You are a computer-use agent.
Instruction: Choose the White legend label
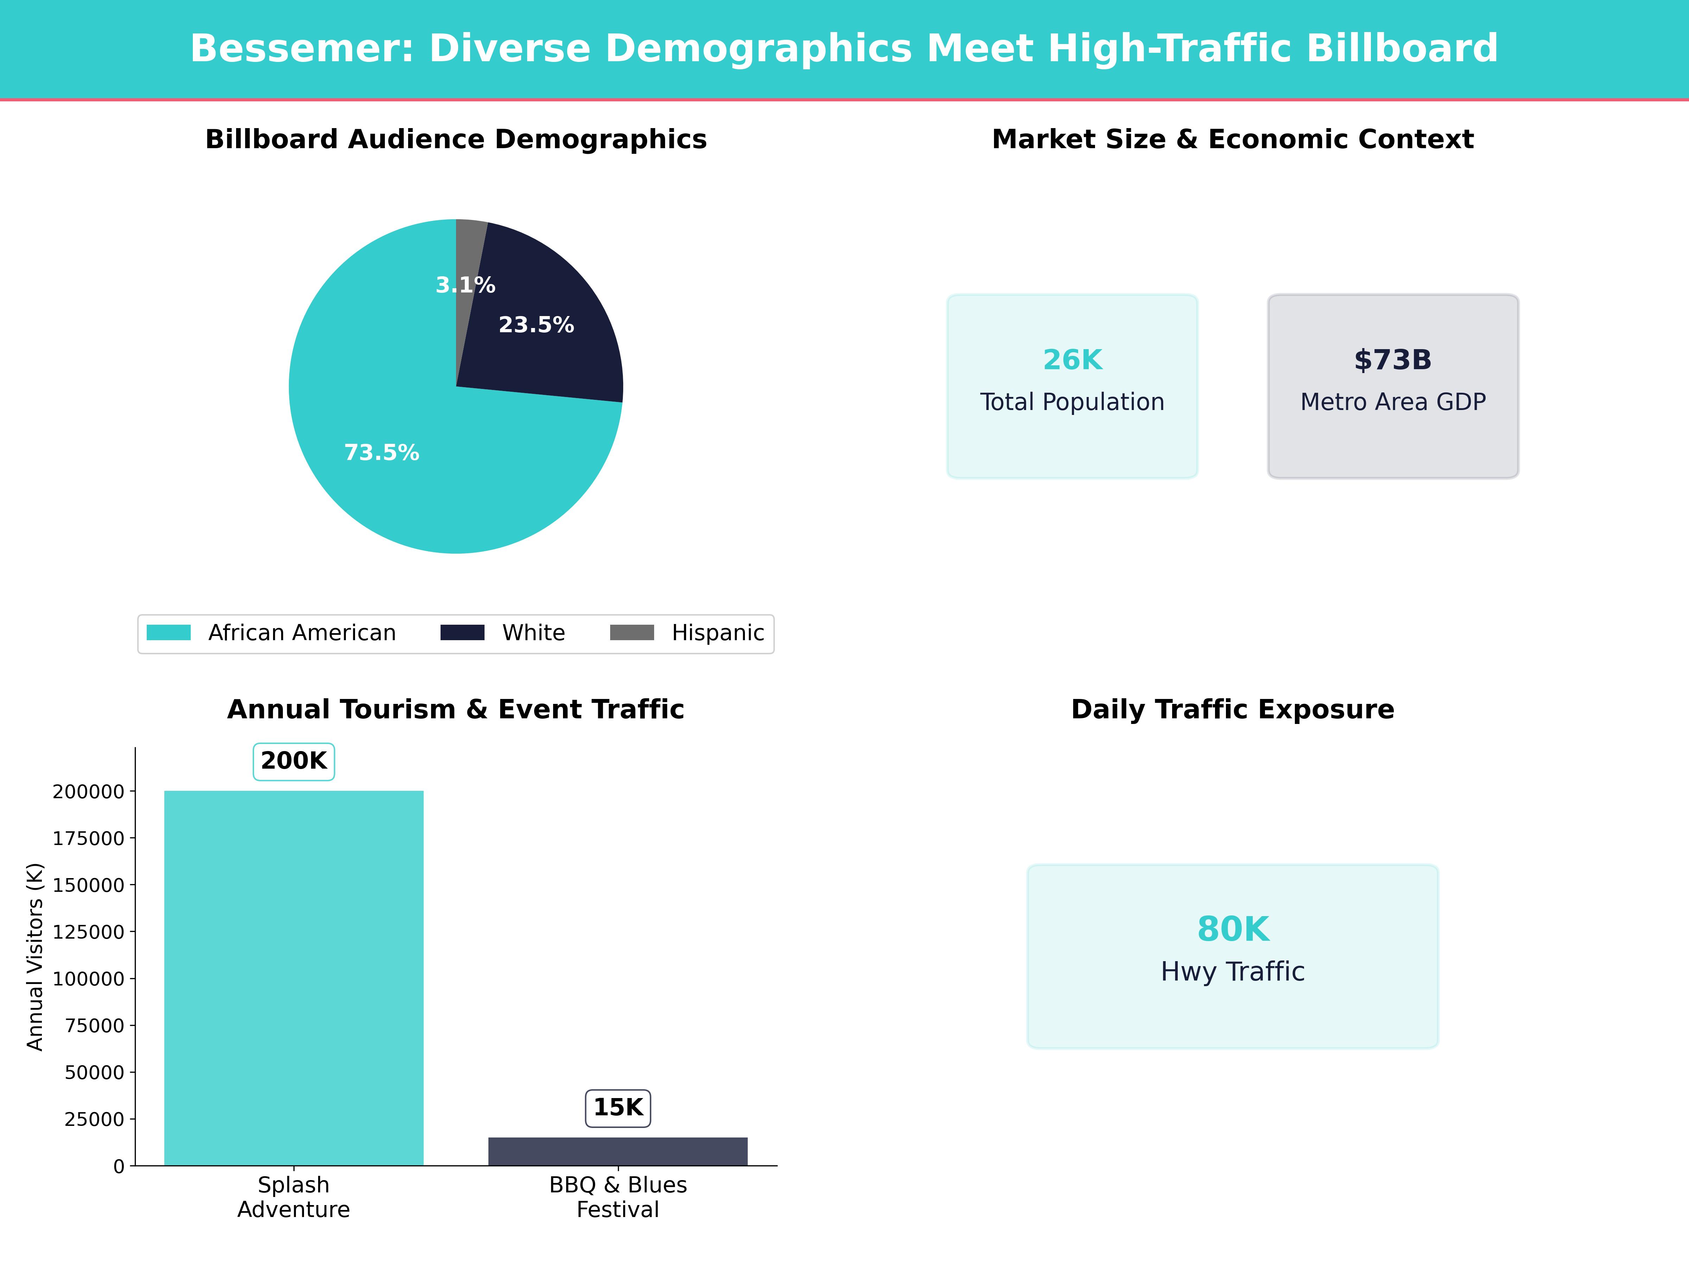[533, 633]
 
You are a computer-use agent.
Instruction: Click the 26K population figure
[1072, 360]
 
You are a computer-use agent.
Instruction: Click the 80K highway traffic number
[1232, 929]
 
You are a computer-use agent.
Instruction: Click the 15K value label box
[618, 1107]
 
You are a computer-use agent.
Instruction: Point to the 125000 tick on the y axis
[88, 932]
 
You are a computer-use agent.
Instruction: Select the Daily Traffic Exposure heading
[1232, 710]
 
